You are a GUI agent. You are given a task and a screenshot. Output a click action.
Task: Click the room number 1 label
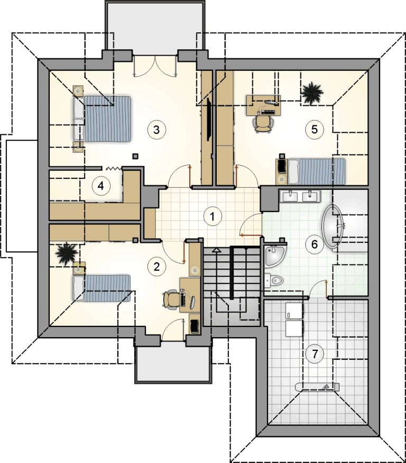212,216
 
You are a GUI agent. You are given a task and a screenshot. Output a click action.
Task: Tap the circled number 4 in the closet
101,186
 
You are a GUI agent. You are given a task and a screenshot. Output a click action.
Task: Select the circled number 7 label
315,354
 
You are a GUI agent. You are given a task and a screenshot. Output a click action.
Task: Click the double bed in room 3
102,119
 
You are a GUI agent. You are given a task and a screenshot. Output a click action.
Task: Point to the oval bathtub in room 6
334,226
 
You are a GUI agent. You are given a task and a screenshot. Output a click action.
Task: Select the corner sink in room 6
275,255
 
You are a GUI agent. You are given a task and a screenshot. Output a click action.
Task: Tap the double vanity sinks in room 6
300,196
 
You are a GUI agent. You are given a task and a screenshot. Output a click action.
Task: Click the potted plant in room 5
311,93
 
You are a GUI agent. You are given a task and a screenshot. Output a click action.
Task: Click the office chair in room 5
263,123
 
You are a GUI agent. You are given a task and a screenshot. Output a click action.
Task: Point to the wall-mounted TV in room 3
209,120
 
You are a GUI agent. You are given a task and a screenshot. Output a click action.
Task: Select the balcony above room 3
155,26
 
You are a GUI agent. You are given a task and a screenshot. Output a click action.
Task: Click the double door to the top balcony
155,67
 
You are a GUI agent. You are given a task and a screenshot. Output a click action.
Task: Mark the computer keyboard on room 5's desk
268,112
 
